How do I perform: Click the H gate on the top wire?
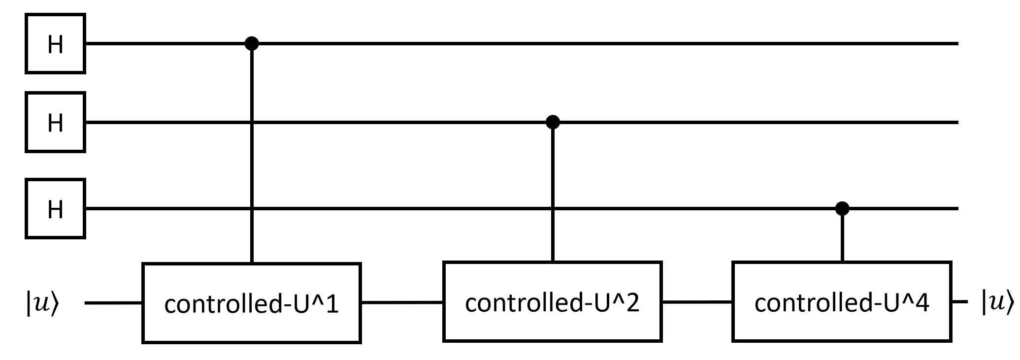tap(55, 44)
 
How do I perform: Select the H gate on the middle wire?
tap(55, 122)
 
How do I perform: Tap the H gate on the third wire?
tap(55, 209)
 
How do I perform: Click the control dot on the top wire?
tap(252, 44)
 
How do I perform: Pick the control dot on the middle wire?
tap(553, 122)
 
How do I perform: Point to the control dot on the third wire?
tap(842, 209)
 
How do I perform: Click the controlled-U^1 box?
tap(252, 303)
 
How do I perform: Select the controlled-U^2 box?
tap(552, 301)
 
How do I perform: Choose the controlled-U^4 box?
tap(842, 301)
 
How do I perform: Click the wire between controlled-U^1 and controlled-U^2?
tap(402, 302)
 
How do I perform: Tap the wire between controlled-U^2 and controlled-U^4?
tap(697, 302)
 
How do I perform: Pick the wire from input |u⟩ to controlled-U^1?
tap(113, 303)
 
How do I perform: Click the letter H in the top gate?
tap(55, 44)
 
